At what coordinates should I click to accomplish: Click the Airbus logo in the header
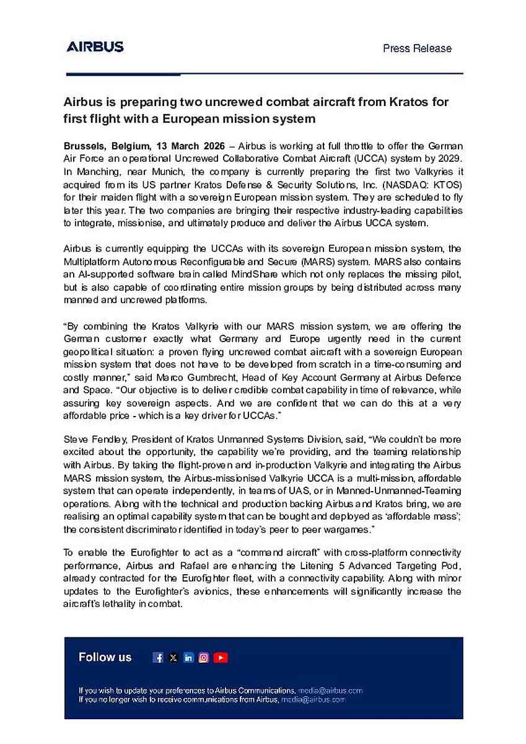[x=95, y=46]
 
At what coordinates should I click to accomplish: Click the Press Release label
[x=417, y=48]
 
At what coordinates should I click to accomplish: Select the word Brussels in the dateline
[x=85, y=146]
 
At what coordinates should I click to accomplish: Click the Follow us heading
[x=105, y=657]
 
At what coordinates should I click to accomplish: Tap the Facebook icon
[x=158, y=658]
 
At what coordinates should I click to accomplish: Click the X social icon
[x=173, y=658]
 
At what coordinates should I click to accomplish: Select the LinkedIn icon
[x=188, y=658]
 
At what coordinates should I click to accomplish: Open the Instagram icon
[x=204, y=658]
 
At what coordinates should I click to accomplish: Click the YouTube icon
[x=221, y=658]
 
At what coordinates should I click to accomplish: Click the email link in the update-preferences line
[x=330, y=690]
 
